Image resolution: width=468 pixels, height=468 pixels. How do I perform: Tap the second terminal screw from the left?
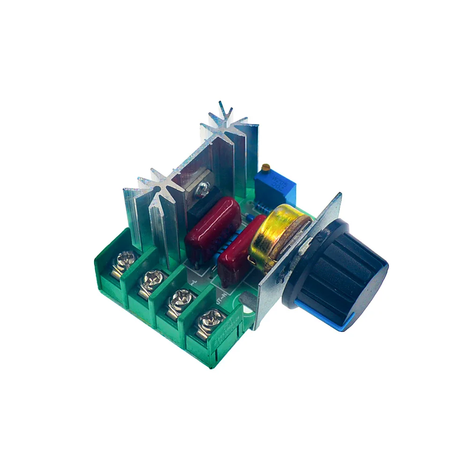[151, 282]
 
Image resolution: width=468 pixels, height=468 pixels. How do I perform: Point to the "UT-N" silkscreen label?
[221, 295]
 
